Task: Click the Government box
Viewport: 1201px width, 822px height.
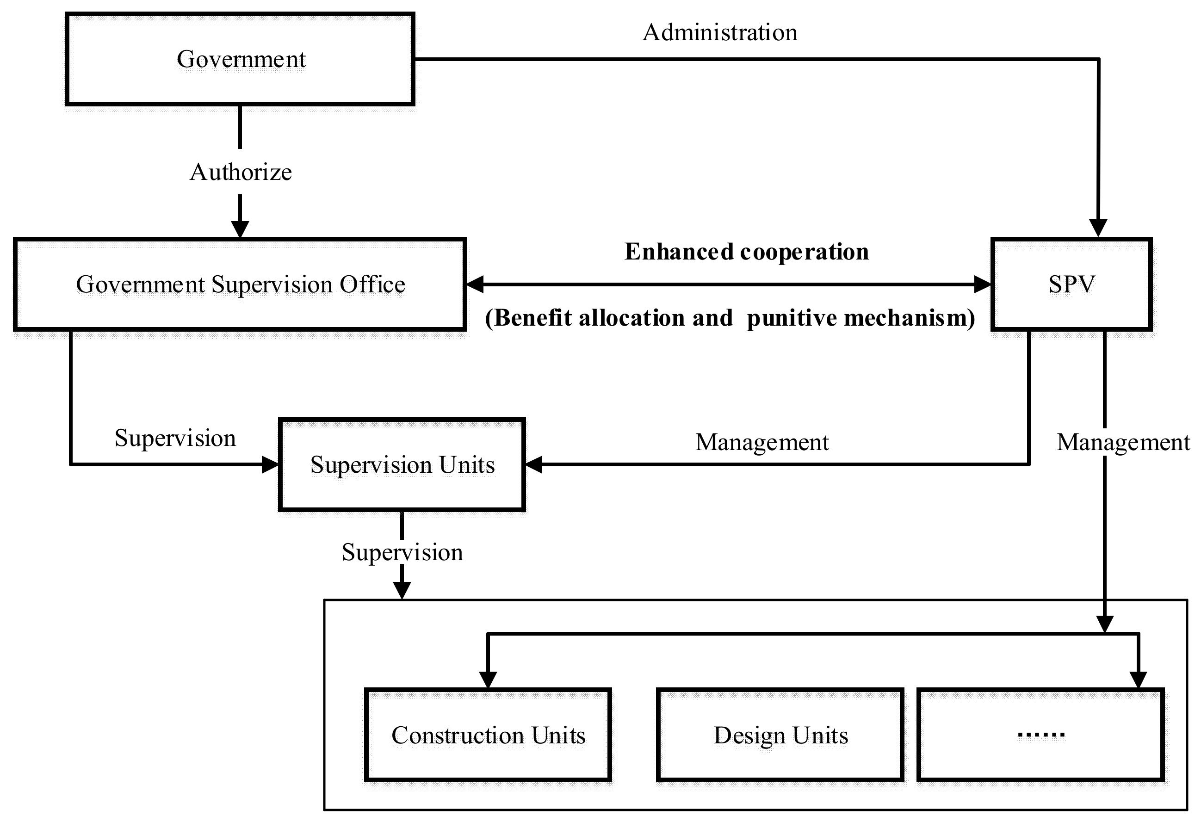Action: click(x=240, y=59)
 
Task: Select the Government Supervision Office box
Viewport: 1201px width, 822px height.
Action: click(x=240, y=284)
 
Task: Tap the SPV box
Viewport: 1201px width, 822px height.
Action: click(x=1071, y=284)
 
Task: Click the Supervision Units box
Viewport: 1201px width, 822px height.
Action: click(x=402, y=464)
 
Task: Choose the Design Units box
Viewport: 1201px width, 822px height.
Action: click(x=780, y=735)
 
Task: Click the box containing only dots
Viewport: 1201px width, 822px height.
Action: click(x=1040, y=735)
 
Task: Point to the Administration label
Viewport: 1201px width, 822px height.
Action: click(x=719, y=32)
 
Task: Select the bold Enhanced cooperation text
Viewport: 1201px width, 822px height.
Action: click(x=746, y=252)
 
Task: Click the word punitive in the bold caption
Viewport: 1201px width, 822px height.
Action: click(x=791, y=318)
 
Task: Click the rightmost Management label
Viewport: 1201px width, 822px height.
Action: click(x=1122, y=442)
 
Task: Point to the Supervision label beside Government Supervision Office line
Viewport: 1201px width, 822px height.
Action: click(x=175, y=438)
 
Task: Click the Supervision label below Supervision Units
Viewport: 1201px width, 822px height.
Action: click(x=402, y=552)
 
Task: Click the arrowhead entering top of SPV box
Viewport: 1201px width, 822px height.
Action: click(x=1098, y=229)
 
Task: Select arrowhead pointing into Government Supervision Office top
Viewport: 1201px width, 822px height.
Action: click(x=240, y=229)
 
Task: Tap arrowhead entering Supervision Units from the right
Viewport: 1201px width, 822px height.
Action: click(x=534, y=464)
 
